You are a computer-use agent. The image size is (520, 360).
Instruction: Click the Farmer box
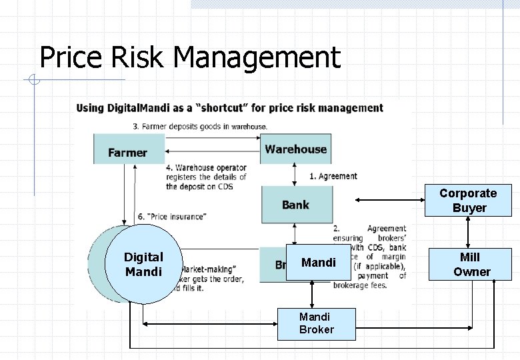click(x=128, y=149)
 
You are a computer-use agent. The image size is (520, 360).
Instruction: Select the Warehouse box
click(x=295, y=149)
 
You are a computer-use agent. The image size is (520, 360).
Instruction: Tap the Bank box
click(x=295, y=204)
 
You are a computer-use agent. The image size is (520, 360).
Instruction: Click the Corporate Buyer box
click(x=468, y=200)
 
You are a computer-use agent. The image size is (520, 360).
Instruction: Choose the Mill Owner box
click(x=471, y=264)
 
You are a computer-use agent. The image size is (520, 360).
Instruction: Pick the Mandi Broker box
click(x=316, y=323)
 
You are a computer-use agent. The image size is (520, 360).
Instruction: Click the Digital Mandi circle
click(x=143, y=265)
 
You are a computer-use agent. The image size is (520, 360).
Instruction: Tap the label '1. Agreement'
click(x=333, y=176)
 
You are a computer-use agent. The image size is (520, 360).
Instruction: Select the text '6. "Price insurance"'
click(x=171, y=216)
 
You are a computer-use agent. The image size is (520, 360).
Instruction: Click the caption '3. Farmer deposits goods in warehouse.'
click(x=200, y=126)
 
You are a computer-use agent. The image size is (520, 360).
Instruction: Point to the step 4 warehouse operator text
click(x=206, y=177)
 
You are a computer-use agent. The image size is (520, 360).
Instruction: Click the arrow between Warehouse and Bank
click(x=295, y=174)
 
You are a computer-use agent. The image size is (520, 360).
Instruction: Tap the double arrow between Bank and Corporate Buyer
click(x=390, y=200)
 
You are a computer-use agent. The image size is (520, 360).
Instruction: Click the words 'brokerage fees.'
click(x=361, y=285)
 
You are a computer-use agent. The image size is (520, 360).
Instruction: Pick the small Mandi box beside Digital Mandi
click(x=318, y=263)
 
